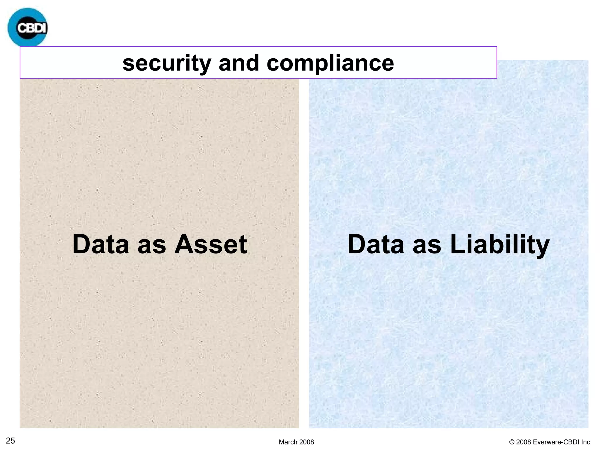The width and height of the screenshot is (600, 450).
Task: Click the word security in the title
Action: pos(167,63)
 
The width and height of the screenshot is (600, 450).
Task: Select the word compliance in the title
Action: pos(330,63)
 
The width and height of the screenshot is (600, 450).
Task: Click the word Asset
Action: pos(211,244)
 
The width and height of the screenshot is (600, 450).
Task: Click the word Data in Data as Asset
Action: pos(100,244)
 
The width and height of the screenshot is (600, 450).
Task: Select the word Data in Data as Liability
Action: pos(376,244)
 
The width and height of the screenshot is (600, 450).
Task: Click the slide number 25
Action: pos(11,441)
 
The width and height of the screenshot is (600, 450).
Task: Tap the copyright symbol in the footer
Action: pos(512,442)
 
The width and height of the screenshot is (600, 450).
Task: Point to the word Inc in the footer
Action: pos(586,442)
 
